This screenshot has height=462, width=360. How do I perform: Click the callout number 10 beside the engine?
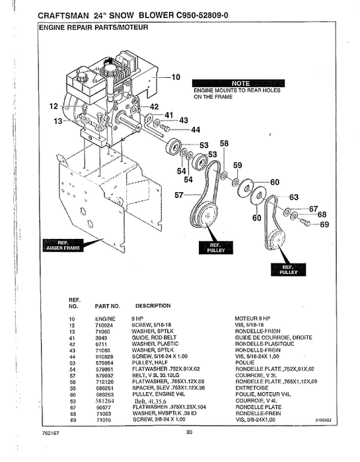coord(176,77)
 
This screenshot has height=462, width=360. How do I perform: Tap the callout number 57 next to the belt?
coord(179,195)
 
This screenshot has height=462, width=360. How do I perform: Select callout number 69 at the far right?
coord(324,225)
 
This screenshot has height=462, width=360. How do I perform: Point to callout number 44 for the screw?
coord(196,130)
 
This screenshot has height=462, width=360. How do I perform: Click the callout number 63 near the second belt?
coord(294,197)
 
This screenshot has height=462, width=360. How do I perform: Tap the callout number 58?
coord(224,143)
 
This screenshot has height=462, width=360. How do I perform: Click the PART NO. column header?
coord(107,306)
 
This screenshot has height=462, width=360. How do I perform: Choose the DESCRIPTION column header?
coord(153,306)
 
